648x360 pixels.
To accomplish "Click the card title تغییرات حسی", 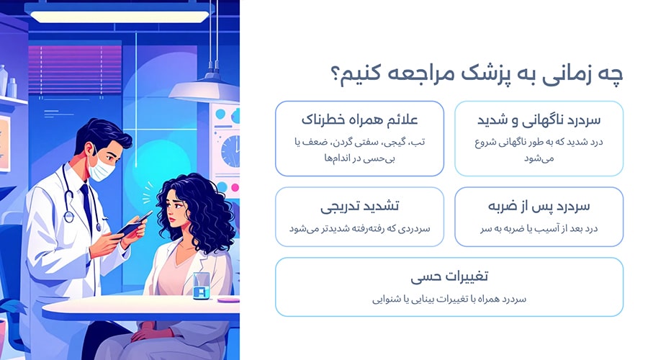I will [449, 276].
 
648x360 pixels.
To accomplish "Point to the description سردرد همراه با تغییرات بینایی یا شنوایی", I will [449, 298].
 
